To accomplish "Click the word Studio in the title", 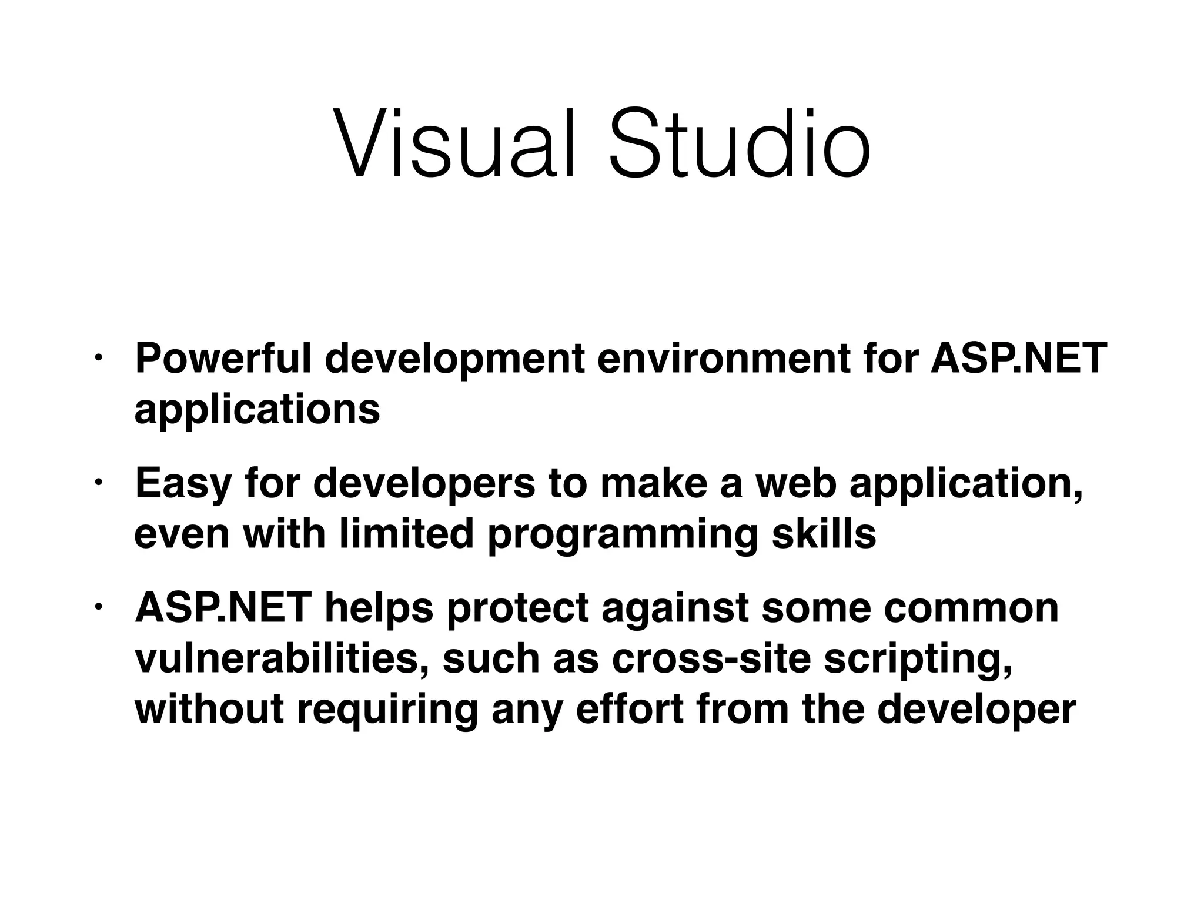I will click(739, 143).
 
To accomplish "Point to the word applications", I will click(257, 410).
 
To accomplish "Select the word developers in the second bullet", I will click(424, 483).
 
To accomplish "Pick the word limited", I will click(406, 534).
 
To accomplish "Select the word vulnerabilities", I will click(282, 658).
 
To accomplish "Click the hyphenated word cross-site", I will click(711, 658).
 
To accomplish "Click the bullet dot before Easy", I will click(98, 481).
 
